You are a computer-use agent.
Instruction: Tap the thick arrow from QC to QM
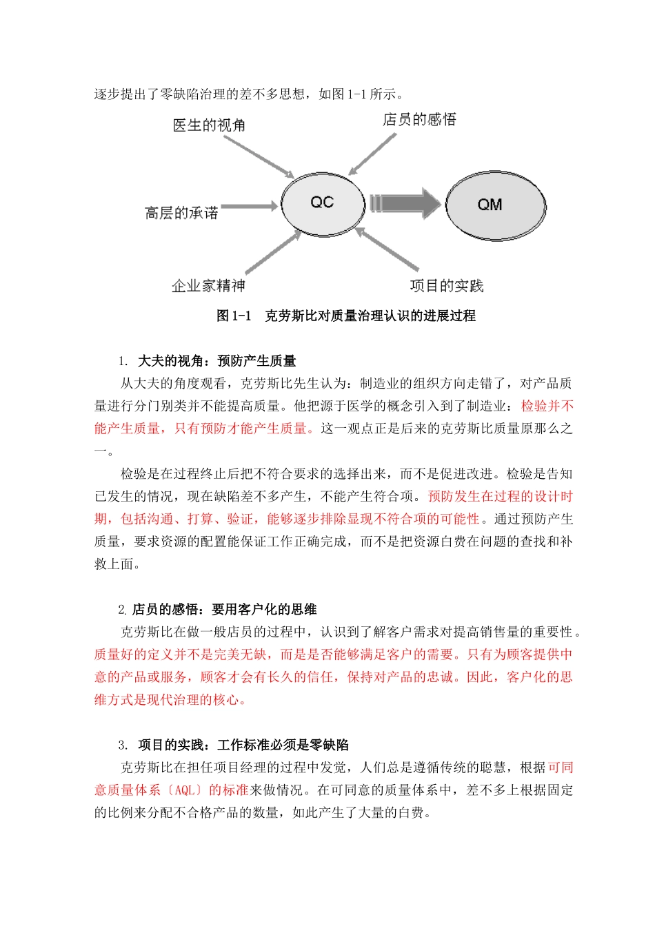405,203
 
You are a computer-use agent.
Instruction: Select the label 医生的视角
209,125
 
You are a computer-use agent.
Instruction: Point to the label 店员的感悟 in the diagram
419,120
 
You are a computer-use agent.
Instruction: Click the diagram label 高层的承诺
181,213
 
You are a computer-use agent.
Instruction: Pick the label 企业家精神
208,285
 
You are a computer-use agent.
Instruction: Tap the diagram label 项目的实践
447,285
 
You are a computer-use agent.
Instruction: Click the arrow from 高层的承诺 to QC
250,206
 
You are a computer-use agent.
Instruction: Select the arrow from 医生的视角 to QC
259,156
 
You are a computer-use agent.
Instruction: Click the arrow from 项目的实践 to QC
387,249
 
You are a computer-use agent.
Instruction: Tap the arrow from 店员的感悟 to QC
373,153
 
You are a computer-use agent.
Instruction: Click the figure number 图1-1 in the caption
234,316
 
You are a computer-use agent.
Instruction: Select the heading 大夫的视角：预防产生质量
216,361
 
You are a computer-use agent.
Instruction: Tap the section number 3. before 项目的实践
123,745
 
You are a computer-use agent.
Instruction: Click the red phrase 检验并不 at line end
547,406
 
